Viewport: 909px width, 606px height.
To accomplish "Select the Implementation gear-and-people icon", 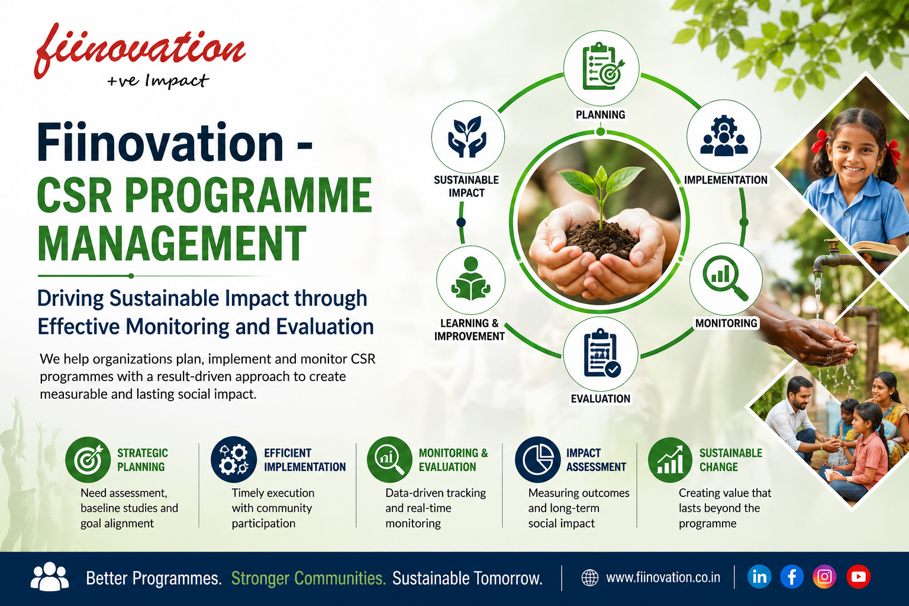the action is click(x=724, y=136).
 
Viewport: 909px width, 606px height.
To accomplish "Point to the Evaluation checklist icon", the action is click(x=601, y=354).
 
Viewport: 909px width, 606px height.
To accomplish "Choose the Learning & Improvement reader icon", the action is click(x=470, y=279).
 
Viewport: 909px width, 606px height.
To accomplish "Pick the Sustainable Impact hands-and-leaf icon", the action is click(x=467, y=136).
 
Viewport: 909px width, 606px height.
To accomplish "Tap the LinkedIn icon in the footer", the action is click(x=759, y=577).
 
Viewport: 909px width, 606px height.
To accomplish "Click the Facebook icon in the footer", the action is click(x=792, y=577).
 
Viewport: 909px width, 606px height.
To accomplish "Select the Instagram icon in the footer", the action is click(x=824, y=577).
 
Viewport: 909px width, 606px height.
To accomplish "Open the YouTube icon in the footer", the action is click(x=858, y=577).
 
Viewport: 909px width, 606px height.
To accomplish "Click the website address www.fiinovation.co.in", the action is click(x=663, y=577).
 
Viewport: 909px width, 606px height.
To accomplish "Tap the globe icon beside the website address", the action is click(x=589, y=578).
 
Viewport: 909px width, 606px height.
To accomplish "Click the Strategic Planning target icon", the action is click(x=88, y=459).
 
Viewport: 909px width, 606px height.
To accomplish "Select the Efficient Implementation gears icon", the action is click(x=234, y=459).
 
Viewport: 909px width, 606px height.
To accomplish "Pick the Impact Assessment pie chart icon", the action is click(x=538, y=459).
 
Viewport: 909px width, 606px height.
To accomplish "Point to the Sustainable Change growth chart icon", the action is click(x=670, y=460).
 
